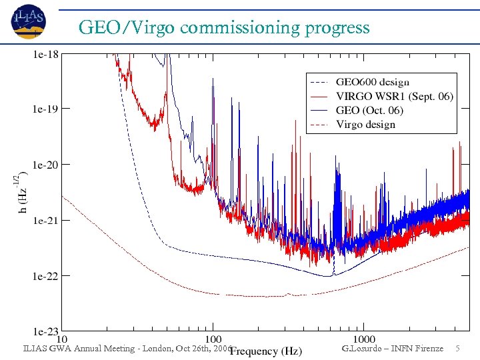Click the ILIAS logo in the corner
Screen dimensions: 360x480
pos(28,21)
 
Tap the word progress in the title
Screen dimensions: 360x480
pos(337,28)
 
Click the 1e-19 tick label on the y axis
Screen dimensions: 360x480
pos(46,109)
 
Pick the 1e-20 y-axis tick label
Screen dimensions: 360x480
pos(46,164)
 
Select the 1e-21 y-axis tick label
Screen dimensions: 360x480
pos(46,220)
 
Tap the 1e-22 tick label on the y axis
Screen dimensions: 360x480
pos(46,275)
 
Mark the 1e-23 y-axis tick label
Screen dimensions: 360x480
pos(46,331)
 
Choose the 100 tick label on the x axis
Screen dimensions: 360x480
pos(213,339)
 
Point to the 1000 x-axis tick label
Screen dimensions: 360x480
pos(364,339)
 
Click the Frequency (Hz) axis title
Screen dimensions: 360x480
pos(266,351)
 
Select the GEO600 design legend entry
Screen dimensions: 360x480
pos(373,82)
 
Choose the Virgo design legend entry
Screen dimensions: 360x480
pos(366,125)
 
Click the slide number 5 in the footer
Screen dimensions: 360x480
pos(457,348)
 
